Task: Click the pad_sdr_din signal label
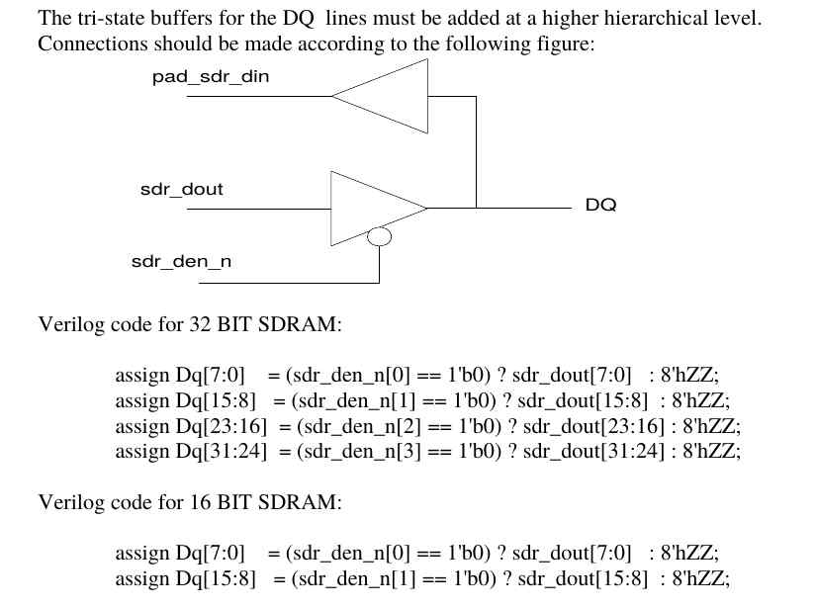[210, 77]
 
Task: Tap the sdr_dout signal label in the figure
[181, 190]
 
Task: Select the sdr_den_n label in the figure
[181, 262]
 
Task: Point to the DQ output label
[600, 206]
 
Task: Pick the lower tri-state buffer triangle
[371, 208]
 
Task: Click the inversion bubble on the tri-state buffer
[379, 236]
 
